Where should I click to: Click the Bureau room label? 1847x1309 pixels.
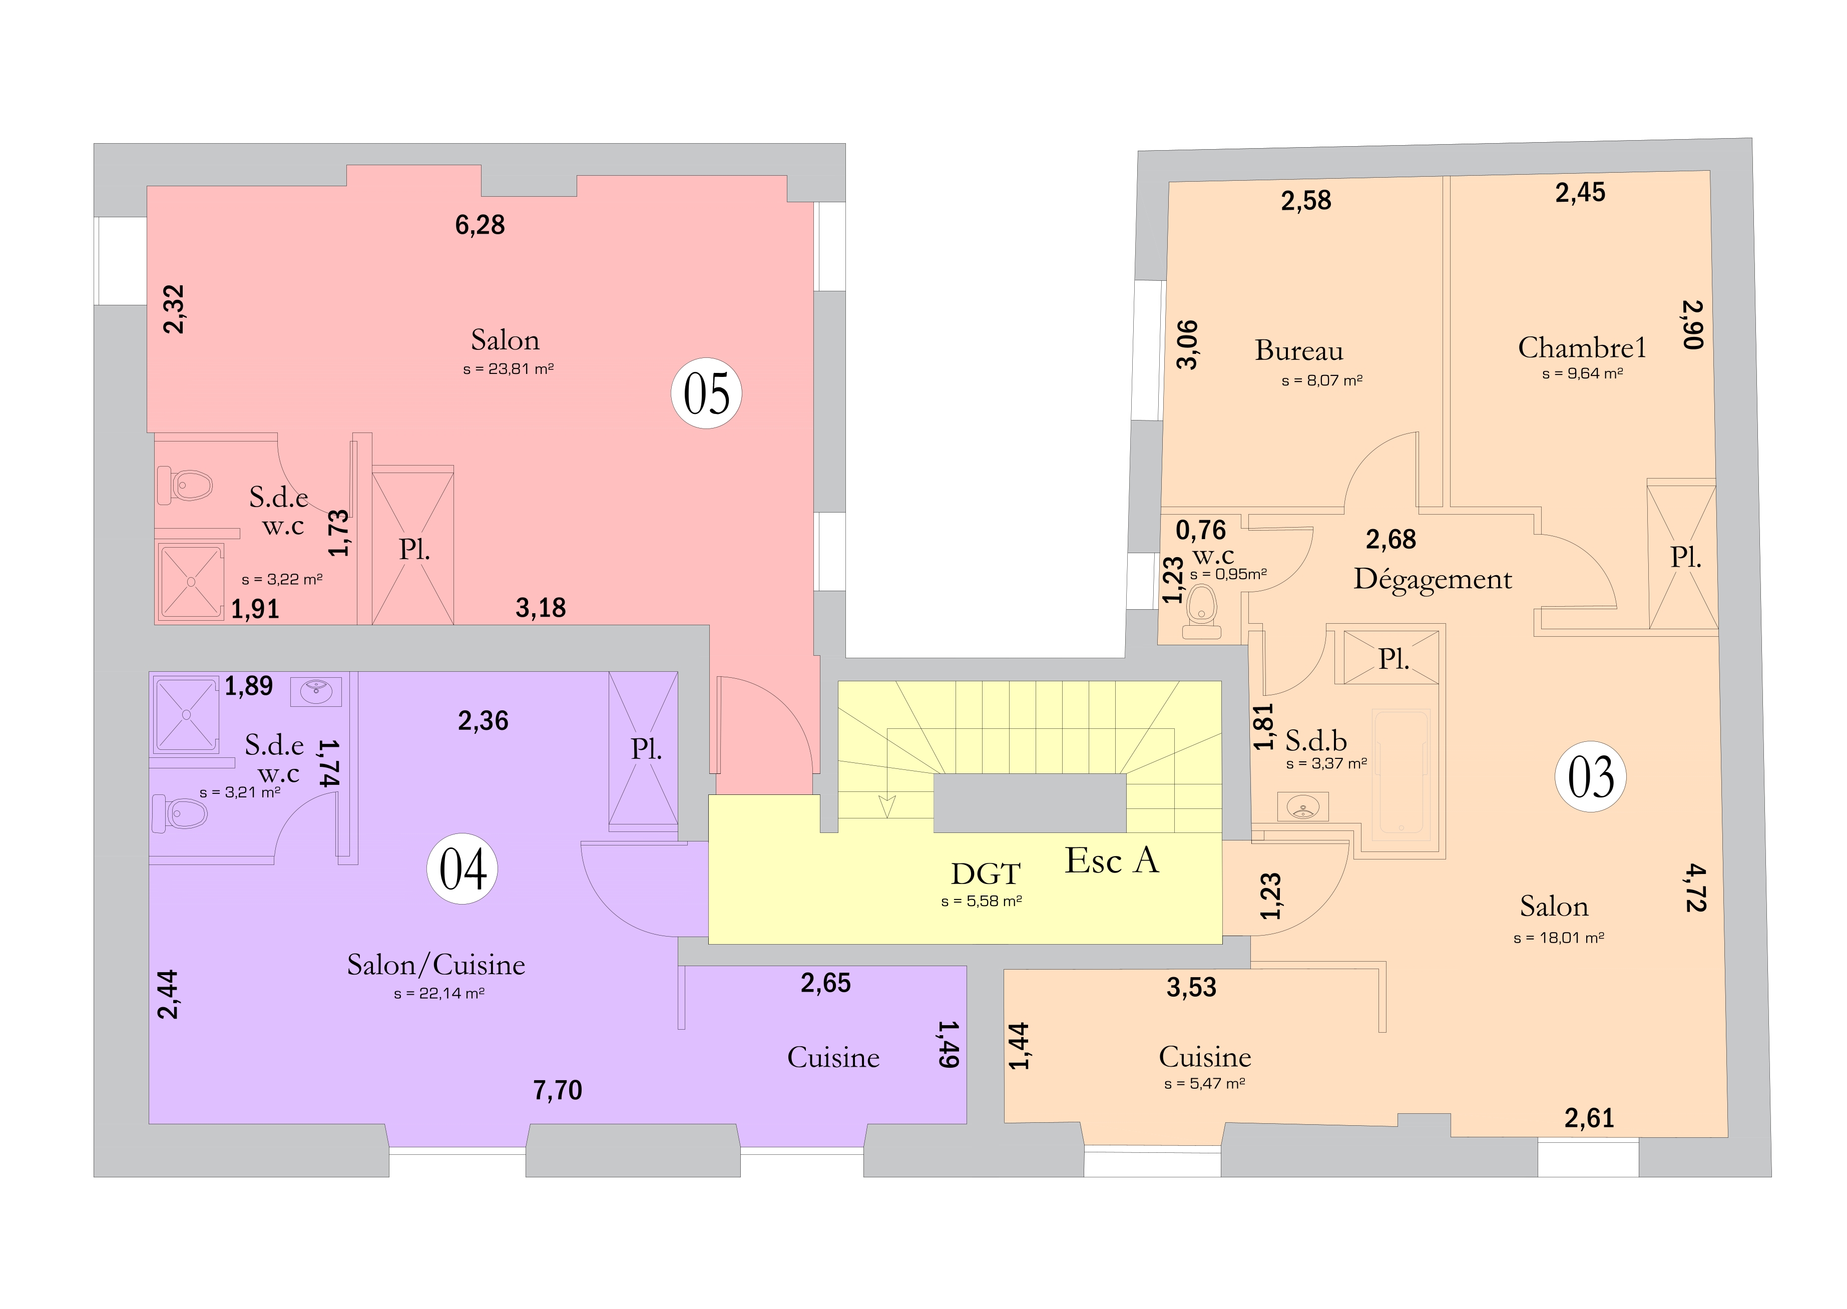pos(1299,350)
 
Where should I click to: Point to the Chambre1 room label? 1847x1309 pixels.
pos(1582,347)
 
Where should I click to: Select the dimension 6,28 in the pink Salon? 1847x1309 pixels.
pos(481,225)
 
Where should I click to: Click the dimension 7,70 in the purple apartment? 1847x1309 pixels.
pos(558,1091)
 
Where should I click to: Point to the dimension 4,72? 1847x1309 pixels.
pos(1695,888)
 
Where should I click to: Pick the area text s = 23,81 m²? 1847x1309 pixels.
pos(509,369)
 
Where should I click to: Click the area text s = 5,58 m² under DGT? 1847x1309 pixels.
pos(982,901)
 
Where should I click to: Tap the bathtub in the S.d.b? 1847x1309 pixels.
pos(1402,771)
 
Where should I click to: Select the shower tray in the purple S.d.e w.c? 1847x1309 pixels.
pos(186,715)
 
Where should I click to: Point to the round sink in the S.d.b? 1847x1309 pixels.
pos(1303,806)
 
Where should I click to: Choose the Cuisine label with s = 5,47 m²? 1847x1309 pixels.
pos(1205,1057)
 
